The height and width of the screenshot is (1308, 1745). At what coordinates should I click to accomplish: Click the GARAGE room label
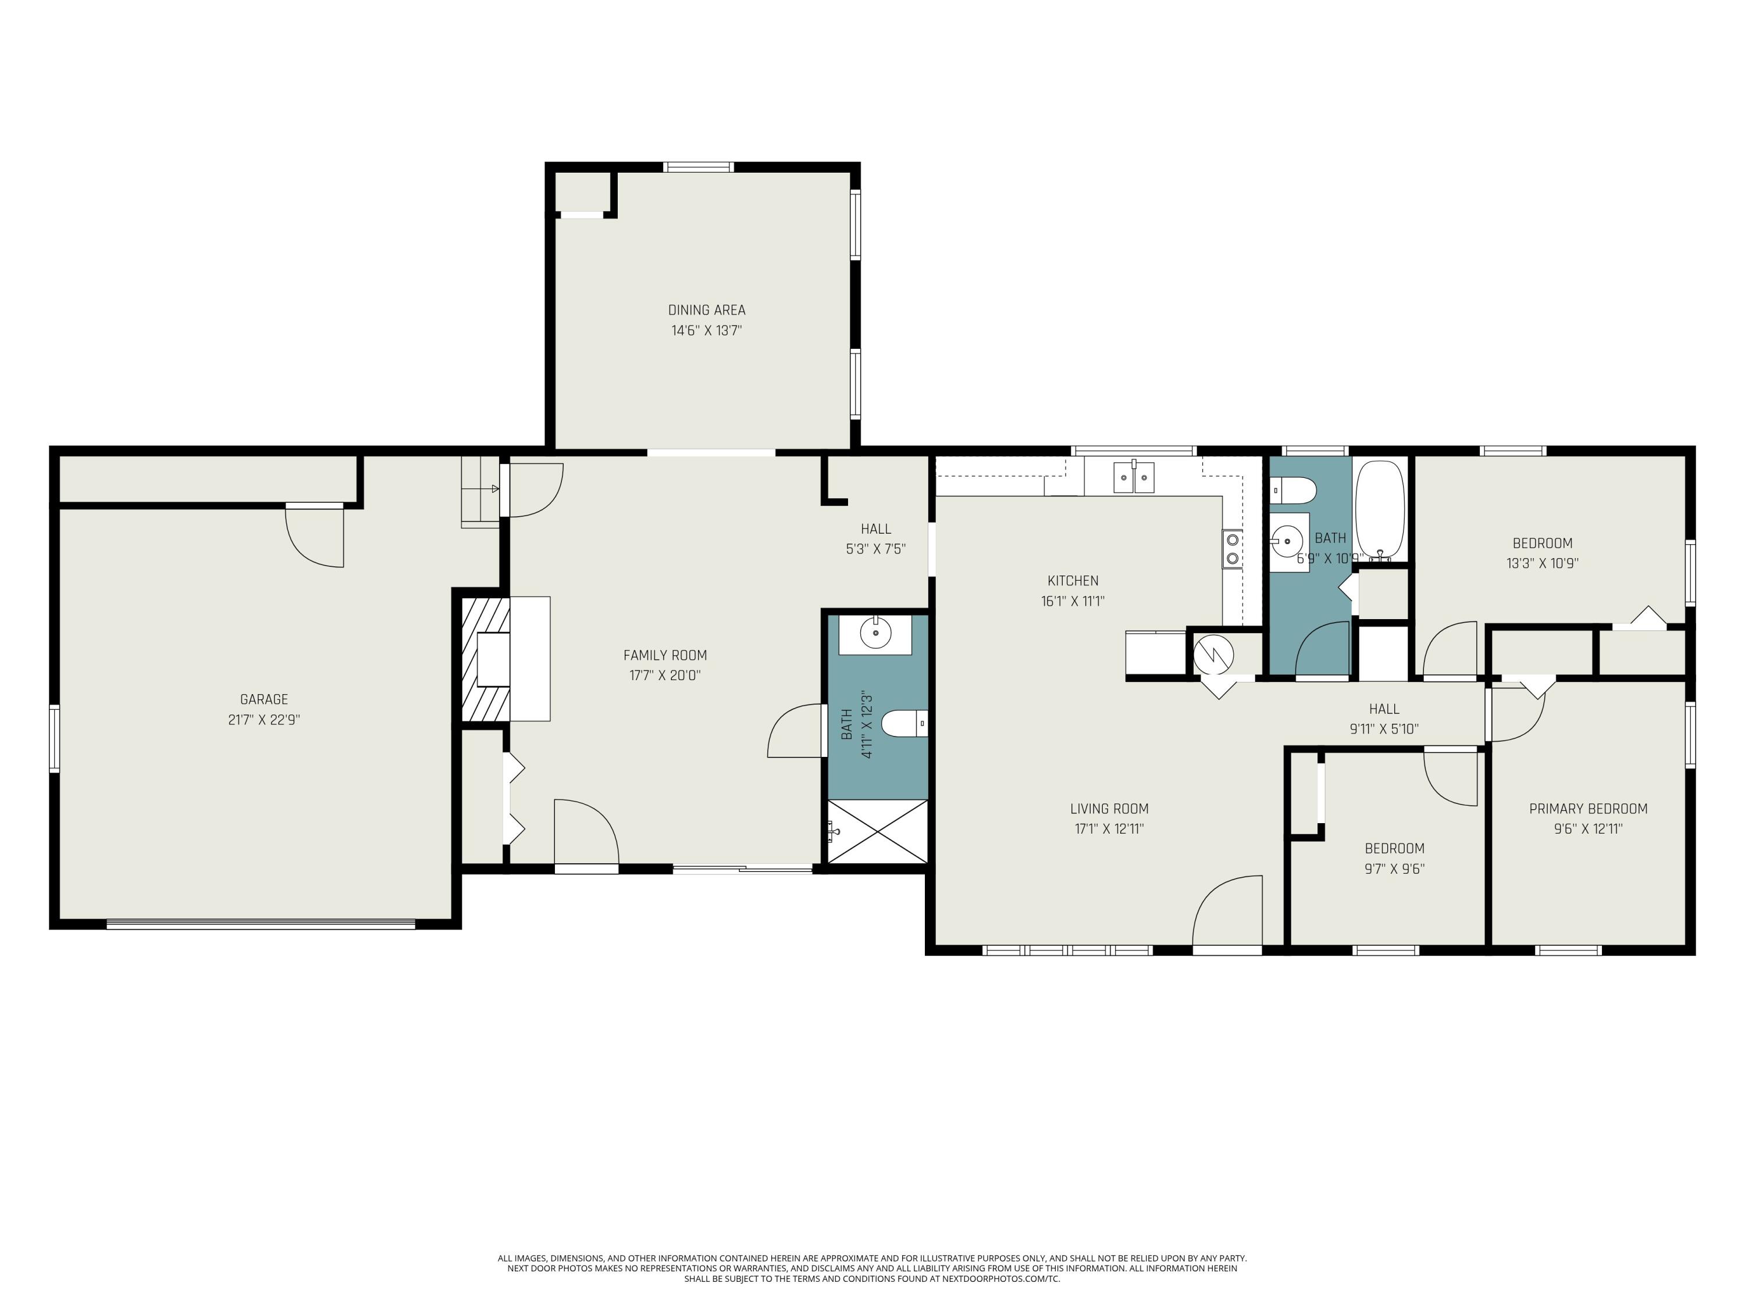click(263, 699)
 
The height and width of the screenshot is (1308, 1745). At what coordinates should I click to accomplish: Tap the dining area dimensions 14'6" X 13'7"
click(707, 330)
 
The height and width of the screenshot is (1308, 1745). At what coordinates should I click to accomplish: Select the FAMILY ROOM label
click(665, 655)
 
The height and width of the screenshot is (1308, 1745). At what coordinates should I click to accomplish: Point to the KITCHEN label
click(1073, 581)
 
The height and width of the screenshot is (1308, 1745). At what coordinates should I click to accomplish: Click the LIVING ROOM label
click(1109, 809)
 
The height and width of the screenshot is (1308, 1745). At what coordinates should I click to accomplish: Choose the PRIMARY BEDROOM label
click(1588, 809)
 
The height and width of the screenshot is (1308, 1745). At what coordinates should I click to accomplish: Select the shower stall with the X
click(877, 832)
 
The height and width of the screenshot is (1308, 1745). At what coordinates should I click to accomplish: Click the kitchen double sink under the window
click(1134, 477)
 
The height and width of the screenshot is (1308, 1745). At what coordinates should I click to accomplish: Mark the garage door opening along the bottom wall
click(261, 924)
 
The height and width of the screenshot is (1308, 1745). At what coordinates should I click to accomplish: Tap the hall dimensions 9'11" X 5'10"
click(1384, 730)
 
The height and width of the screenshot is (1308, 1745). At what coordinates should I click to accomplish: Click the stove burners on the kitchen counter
click(1231, 549)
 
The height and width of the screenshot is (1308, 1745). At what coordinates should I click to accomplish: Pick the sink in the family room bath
click(875, 632)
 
